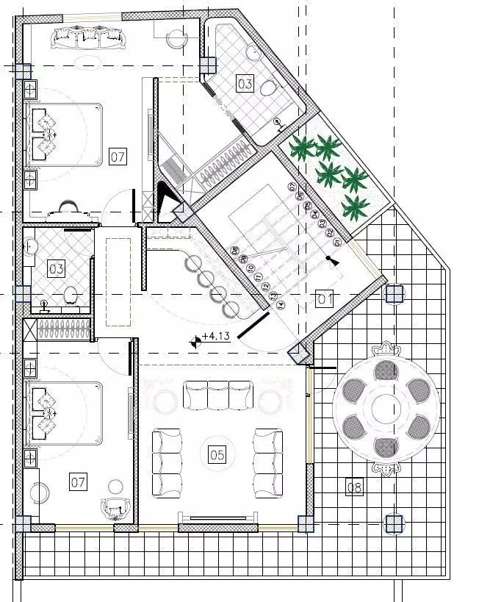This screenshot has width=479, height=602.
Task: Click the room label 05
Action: click(217, 455)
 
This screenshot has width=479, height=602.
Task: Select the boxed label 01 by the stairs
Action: click(325, 298)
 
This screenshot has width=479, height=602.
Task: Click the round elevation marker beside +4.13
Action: click(195, 339)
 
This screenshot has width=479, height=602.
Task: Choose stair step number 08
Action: click(234, 250)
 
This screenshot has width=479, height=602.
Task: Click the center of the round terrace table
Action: click(386, 406)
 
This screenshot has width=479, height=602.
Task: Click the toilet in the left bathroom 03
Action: click(71, 295)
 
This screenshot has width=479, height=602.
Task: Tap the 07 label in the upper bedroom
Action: click(118, 156)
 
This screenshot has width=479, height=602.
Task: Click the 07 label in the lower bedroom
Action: click(79, 482)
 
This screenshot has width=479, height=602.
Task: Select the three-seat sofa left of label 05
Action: click(167, 462)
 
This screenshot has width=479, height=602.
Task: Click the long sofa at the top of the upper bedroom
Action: click(87, 35)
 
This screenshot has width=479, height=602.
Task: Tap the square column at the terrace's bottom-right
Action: click(395, 523)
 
